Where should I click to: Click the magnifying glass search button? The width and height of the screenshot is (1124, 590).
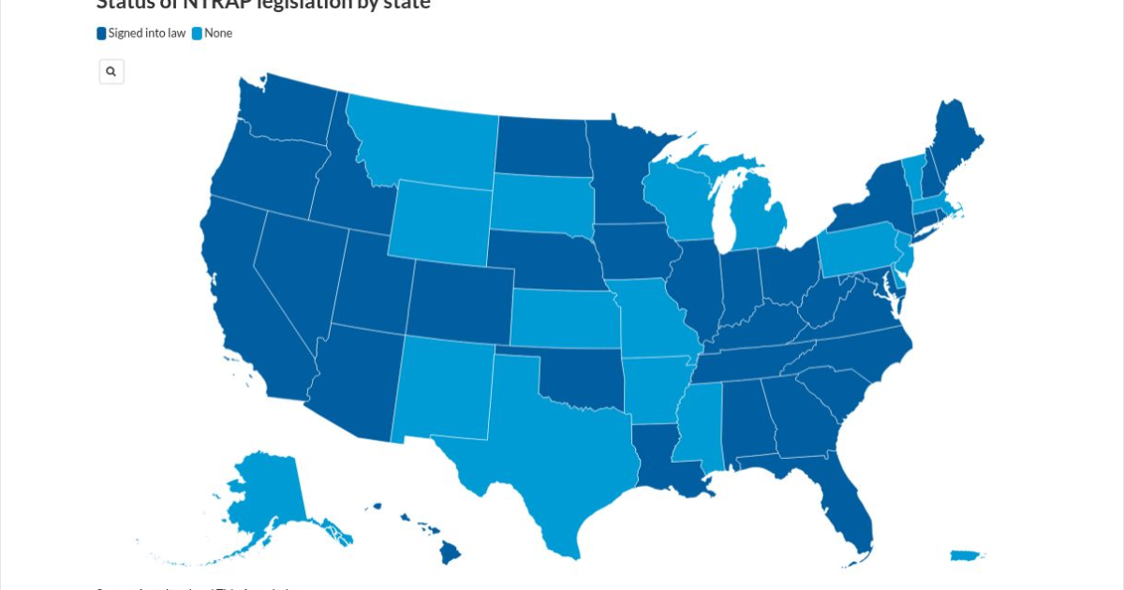tap(111, 71)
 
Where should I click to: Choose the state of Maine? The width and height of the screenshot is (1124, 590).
tap(955, 140)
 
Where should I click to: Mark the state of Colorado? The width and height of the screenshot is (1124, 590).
tap(459, 300)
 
